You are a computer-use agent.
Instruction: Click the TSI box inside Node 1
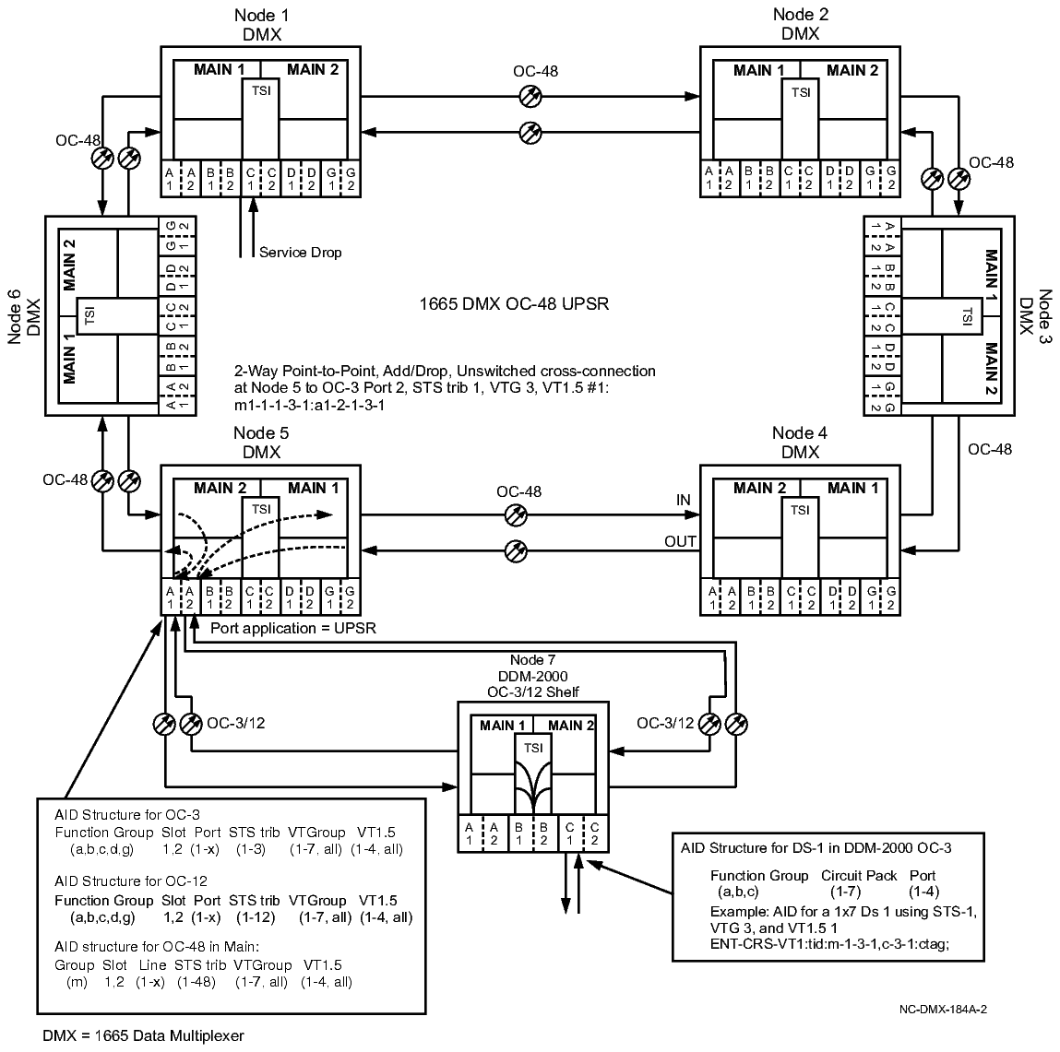coord(260,92)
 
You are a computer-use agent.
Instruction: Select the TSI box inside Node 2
coord(800,92)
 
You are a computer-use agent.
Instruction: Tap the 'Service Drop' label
coord(300,252)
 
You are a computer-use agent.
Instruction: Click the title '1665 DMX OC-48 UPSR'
coord(514,302)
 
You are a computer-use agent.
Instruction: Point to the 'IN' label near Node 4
coord(683,500)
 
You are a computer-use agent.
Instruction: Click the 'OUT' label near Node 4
coord(680,541)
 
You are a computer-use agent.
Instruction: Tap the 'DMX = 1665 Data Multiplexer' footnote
coord(143,1034)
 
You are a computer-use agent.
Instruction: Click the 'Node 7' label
coord(531,660)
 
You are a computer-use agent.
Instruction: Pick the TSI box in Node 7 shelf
coord(532,748)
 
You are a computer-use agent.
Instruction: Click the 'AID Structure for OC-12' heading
coord(127,881)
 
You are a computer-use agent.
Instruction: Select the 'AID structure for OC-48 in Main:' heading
coord(153,948)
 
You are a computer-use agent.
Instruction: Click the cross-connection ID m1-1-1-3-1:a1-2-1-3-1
coord(310,404)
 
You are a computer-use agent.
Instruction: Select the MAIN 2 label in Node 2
coord(852,70)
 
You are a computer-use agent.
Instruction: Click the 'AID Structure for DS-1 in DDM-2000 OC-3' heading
coord(816,846)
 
